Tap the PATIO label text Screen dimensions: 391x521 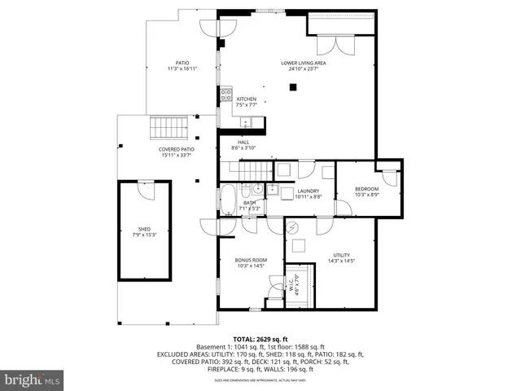(x=182, y=63)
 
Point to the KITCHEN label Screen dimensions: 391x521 (x=247, y=99)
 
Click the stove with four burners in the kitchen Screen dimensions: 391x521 (x=225, y=97)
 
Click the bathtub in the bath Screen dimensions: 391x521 (x=228, y=200)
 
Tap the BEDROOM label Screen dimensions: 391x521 (x=366, y=189)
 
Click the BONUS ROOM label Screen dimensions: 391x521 (x=251, y=260)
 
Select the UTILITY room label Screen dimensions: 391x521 (x=341, y=255)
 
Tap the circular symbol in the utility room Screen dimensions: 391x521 (x=292, y=227)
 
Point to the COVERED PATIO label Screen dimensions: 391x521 (x=176, y=149)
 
